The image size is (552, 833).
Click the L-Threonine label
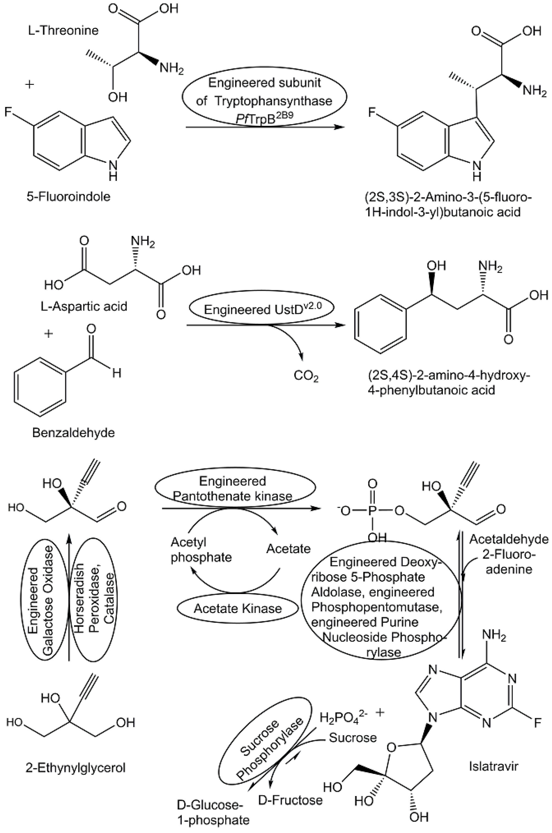[63, 31]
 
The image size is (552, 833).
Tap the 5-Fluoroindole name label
[68, 196]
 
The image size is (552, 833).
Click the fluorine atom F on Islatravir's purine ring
[537, 723]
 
